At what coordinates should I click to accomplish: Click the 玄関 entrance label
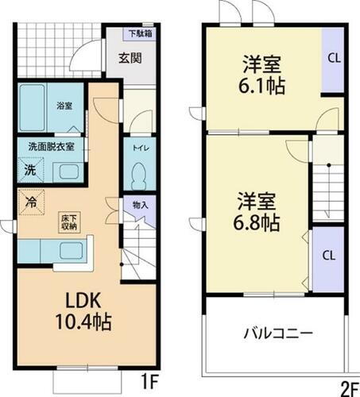(x=130, y=57)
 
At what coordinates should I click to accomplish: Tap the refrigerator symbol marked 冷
(x=29, y=202)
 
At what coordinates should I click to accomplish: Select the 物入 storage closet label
(x=140, y=205)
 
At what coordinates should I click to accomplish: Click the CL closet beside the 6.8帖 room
(x=327, y=256)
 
